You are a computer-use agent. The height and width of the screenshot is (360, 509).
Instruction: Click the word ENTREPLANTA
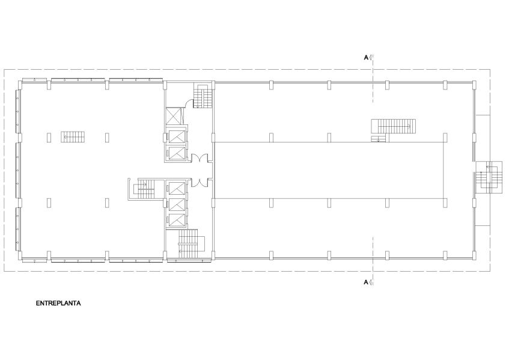click(58, 303)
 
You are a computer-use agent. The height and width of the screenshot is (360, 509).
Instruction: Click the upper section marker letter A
click(366, 58)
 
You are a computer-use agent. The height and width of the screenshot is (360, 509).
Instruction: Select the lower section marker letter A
click(366, 282)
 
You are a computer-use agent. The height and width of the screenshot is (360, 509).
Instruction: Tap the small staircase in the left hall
click(73, 136)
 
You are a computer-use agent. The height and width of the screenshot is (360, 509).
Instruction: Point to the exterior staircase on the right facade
click(489, 177)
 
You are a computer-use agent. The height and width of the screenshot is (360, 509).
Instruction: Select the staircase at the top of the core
click(203, 96)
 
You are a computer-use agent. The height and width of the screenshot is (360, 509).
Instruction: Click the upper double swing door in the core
click(199, 158)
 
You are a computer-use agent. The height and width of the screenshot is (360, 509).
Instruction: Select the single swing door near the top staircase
click(188, 103)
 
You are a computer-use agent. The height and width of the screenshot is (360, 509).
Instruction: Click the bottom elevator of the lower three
click(176, 220)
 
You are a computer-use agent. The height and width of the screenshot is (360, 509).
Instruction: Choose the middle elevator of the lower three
click(176, 204)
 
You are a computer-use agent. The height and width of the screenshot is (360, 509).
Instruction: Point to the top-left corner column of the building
click(20, 84)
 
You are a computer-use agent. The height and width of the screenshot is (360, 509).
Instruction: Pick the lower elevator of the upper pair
click(175, 153)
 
